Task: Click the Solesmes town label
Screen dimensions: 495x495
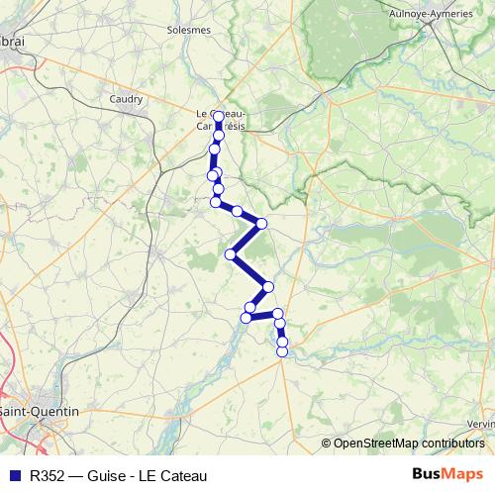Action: pos(189,30)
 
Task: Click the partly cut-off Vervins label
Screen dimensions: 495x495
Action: pos(481,424)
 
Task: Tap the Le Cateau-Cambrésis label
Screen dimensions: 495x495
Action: pos(222,120)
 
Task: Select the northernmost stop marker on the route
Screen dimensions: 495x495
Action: pos(219,117)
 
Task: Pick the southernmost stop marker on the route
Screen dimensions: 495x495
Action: pos(282,351)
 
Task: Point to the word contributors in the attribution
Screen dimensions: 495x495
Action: pos(453,443)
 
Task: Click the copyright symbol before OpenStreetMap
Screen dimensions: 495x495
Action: pos(327,443)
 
